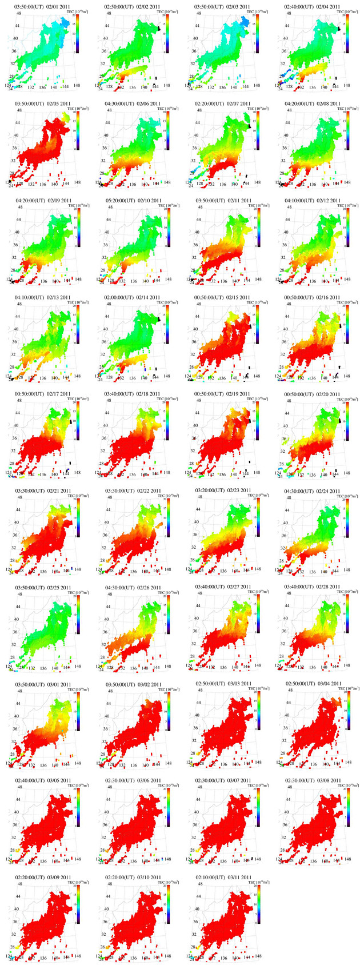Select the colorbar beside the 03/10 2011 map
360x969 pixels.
pyautogui.click(x=167, y=904)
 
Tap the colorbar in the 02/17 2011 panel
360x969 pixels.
pyautogui.click(x=77, y=420)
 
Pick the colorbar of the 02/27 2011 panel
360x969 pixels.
pyautogui.click(x=257, y=613)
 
